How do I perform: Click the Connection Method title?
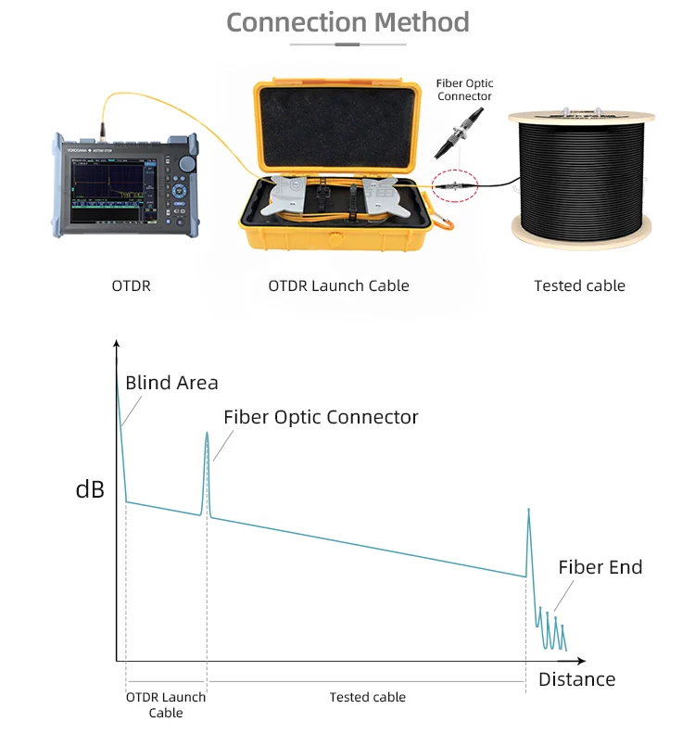[347, 21]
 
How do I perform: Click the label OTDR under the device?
[131, 285]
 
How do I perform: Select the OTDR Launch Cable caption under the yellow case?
[338, 285]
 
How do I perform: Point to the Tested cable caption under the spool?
[579, 285]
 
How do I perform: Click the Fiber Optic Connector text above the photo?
[464, 90]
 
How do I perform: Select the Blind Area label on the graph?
[171, 383]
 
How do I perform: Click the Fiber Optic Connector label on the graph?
[321, 417]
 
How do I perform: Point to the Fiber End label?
[600, 567]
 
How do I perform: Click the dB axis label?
[90, 489]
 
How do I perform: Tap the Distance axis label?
[576, 679]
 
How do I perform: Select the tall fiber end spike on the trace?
[529, 513]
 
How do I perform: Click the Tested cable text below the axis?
[367, 697]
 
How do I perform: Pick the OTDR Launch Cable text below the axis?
[166, 704]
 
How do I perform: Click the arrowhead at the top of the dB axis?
[117, 345]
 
